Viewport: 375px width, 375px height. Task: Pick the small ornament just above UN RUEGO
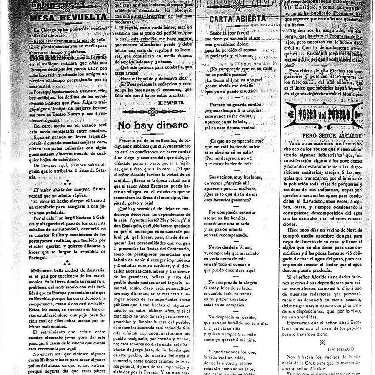321,342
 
